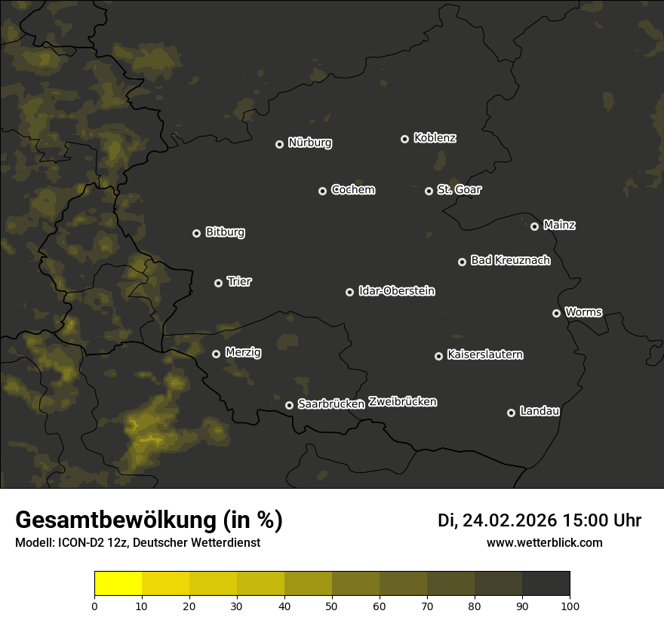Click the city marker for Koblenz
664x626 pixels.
404,139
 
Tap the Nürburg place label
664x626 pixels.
309,143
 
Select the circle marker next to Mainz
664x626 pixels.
534,226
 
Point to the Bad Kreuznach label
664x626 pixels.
510,260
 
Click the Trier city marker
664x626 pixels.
218,283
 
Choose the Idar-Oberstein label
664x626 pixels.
396,291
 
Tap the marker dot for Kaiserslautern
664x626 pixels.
438,356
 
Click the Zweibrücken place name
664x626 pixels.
402,402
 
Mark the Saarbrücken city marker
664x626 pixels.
289,405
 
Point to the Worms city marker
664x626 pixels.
556,313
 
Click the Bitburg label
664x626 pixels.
225,232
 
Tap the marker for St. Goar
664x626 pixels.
429,191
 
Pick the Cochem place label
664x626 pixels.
352,190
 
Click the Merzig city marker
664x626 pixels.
216,354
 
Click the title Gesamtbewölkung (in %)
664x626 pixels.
149,520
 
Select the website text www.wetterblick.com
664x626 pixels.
544,542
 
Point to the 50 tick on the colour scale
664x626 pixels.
332,606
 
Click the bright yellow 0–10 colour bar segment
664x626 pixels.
118,584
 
